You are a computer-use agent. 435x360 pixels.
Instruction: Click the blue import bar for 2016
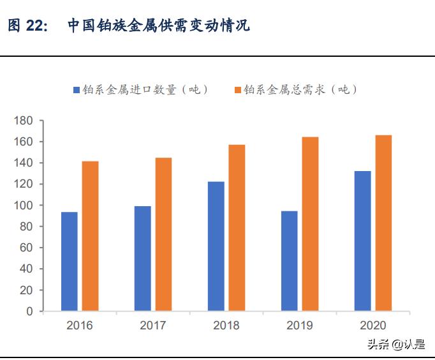[70, 262]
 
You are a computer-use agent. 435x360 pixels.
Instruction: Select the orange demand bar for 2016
[90, 236]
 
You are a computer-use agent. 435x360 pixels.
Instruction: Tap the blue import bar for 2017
[143, 259]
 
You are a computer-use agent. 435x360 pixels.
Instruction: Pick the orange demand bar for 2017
[163, 235]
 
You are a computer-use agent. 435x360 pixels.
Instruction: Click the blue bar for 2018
[216, 247]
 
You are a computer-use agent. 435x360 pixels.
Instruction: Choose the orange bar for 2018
[237, 229]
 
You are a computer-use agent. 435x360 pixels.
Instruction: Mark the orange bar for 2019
[310, 225]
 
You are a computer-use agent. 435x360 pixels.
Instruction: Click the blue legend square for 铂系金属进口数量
[77, 90]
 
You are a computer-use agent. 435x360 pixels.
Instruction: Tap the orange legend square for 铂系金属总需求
[238, 90]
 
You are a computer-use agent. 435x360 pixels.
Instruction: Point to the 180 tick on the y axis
[23, 121]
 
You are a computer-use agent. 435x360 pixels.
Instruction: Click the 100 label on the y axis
[23, 206]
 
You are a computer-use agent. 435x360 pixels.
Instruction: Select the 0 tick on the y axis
[29, 311]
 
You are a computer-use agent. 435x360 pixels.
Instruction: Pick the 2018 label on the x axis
[226, 326]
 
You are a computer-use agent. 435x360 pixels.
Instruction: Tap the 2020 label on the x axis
[373, 326]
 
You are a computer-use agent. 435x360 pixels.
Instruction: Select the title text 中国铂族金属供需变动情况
[158, 26]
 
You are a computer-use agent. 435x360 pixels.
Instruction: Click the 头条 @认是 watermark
[395, 345]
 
